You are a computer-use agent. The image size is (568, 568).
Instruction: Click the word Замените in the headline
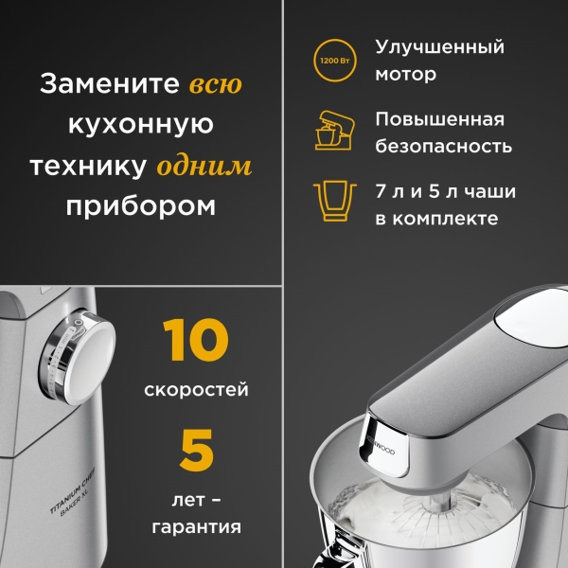tap(108, 84)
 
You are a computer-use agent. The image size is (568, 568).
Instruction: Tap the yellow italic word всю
tap(215, 84)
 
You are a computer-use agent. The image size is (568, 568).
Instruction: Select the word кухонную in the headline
tap(141, 125)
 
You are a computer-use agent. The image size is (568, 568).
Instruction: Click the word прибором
tap(141, 206)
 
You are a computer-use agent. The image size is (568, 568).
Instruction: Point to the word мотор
tap(405, 74)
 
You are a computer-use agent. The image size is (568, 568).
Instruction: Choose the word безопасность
tap(444, 147)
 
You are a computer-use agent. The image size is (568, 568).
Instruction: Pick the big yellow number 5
tap(197, 452)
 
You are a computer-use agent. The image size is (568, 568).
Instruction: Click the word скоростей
tap(197, 389)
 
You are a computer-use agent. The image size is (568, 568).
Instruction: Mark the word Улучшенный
tap(439, 47)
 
